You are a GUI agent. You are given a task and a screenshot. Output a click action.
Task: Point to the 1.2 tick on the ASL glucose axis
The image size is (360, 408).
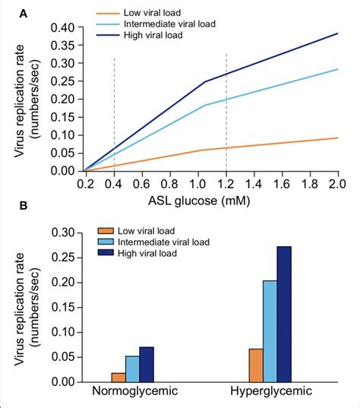pyautogui.click(x=226, y=184)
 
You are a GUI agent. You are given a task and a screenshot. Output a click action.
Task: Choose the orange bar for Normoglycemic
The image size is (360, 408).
pyautogui.click(x=118, y=377)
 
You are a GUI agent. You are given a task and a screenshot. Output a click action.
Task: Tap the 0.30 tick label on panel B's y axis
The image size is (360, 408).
pyautogui.click(x=64, y=232)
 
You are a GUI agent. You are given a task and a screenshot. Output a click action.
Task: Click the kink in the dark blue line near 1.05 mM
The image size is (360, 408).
pyautogui.click(x=205, y=81)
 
